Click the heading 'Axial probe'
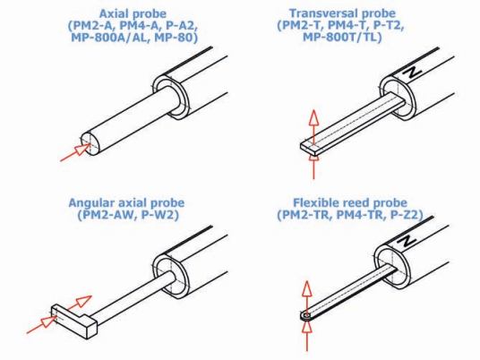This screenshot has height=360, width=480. (133, 13)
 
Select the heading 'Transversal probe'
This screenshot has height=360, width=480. (342, 13)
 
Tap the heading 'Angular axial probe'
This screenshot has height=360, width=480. (126, 202)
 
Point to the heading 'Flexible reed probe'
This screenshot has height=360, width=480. (350, 202)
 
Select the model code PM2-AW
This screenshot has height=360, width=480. (106, 215)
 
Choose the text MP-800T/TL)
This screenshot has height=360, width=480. (342, 37)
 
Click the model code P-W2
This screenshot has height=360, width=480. (159, 215)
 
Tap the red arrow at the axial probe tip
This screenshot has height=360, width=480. (76, 153)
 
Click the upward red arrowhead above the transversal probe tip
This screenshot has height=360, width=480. (313, 117)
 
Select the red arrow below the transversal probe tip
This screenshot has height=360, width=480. (313, 167)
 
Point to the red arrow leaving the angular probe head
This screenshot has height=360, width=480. (80, 303)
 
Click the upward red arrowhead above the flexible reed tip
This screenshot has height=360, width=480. (307, 289)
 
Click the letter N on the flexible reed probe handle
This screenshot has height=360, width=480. (407, 241)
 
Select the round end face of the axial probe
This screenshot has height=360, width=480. (90, 143)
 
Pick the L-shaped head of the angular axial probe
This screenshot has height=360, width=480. (74, 321)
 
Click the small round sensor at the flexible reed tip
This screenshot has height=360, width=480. (306, 315)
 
